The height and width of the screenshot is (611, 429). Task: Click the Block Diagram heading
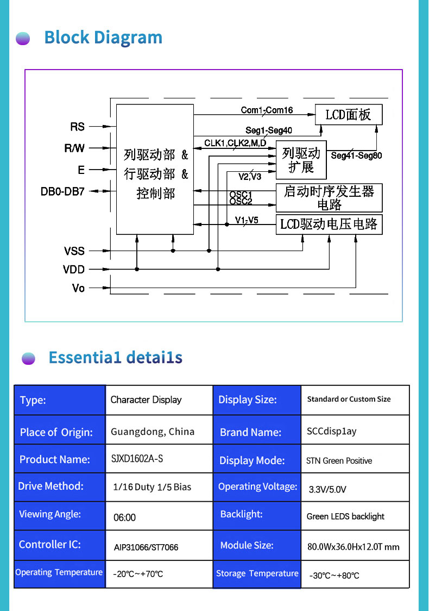click(x=103, y=38)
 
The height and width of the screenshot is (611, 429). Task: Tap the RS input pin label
click(x=78, y=127)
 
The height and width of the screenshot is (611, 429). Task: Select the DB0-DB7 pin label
click(x=62, y=191)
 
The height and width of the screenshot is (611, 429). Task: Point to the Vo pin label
click(x=79, y=288)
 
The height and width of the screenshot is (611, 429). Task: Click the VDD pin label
click(x=74, y=269)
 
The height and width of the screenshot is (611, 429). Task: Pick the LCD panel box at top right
click(x=349, y=115)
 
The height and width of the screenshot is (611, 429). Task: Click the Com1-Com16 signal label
click(x=267, y=110)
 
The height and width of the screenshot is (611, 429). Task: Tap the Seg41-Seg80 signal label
click(x=356, y=155)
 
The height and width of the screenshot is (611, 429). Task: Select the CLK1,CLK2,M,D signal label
click(x=235, y=143)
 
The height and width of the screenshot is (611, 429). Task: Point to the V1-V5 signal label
click(x=247, y=220)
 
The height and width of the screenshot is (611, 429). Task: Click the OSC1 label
click(x=241, y=194)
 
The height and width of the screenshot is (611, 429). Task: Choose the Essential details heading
click(x=115, y=358)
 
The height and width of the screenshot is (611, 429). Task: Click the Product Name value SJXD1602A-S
click(x=137, y=459)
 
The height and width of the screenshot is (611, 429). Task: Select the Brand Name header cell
click(x=250, y=433)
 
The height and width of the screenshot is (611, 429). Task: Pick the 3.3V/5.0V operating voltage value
click(x=327, y=489)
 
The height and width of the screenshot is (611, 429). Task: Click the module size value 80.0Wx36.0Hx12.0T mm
click(x=354, y=547)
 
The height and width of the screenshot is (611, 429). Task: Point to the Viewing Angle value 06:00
click(x=125, y=518)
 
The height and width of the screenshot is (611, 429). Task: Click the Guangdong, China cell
click(x=153, y=432)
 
